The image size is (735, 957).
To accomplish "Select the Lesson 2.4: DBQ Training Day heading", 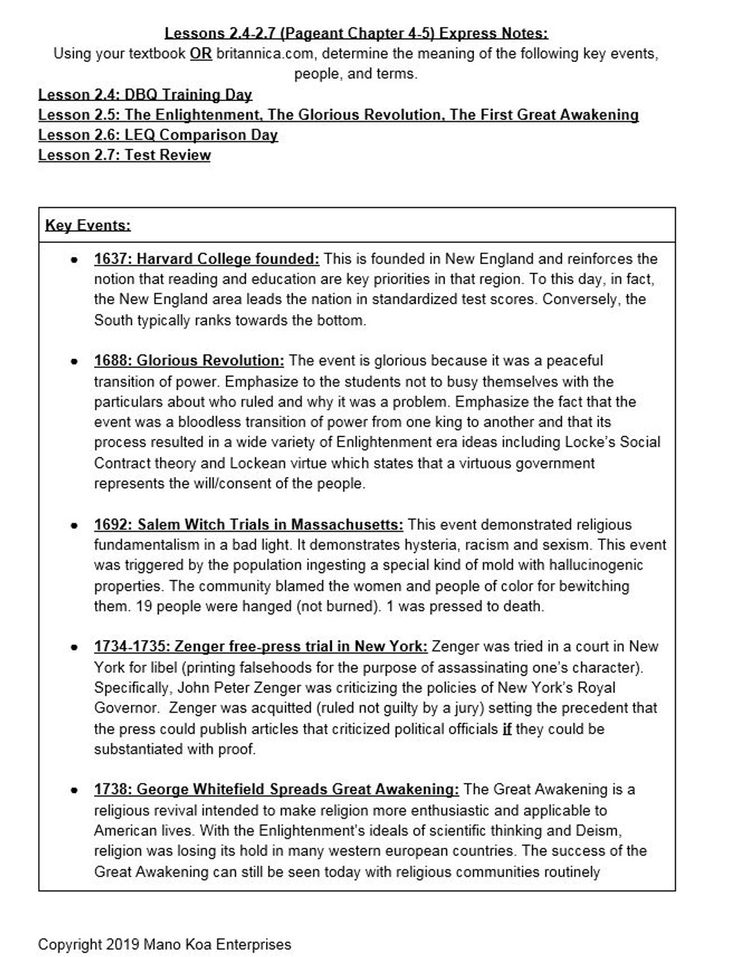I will point(145,95).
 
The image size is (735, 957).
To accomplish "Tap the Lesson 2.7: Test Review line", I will point(124,156).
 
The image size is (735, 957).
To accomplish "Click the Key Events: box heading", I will point(87,225).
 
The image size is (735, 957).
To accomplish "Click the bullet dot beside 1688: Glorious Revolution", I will point(73,362).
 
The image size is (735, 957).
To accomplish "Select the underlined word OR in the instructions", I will point(200,54).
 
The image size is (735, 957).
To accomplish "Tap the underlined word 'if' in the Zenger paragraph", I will point(506,729).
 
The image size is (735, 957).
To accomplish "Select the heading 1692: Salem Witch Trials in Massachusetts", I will point(248,525).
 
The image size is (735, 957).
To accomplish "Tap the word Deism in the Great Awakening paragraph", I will point(597,831).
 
